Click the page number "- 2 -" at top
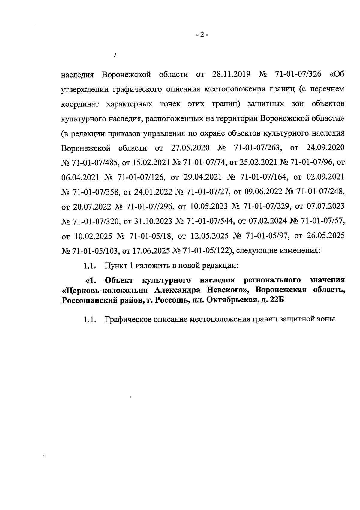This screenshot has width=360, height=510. pos(202,35)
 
